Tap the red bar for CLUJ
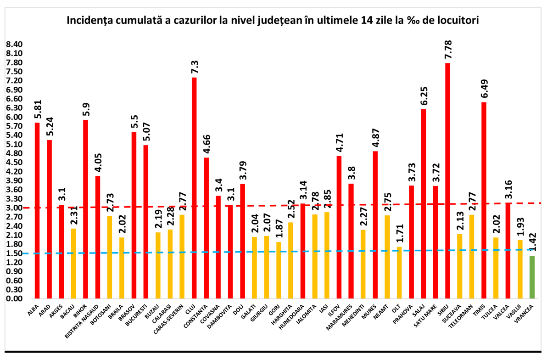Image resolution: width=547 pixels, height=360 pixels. (194, 188)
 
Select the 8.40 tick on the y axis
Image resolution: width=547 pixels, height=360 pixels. (14, 45)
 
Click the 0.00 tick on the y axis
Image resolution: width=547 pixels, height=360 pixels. (14, 298)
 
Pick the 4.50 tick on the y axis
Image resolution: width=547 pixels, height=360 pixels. (14, 163)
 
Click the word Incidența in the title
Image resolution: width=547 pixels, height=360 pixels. (89, 21)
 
